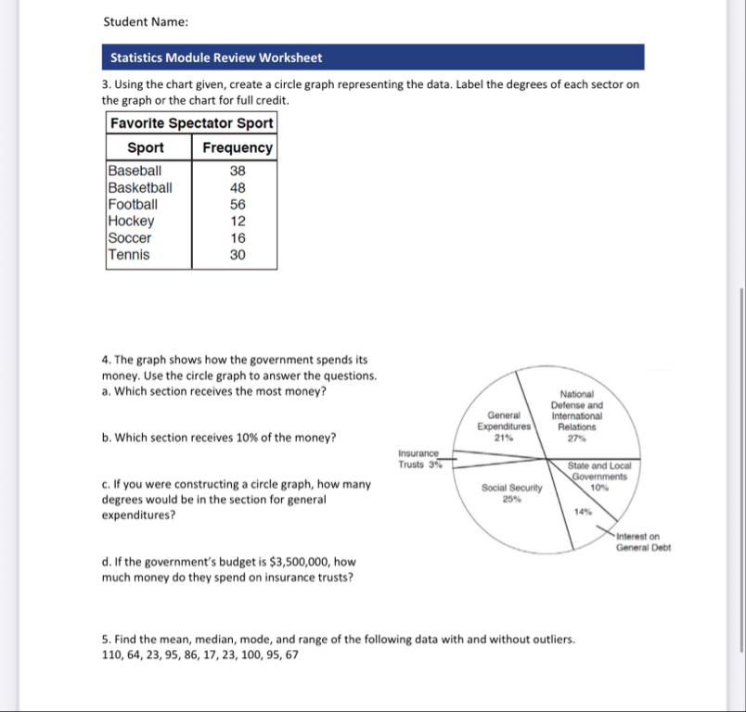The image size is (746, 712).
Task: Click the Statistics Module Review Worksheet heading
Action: click(216, 57)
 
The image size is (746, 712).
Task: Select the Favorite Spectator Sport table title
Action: click(191, 123)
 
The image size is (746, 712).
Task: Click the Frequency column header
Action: click(238, 147)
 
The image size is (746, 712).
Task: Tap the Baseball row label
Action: click(135, 171)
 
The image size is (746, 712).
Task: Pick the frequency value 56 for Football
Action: click(238, 204)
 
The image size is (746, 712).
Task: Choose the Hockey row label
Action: click(131, 221)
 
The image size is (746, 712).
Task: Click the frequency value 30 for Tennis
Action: click(238, 255)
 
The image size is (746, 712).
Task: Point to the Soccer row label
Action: click(130, 238)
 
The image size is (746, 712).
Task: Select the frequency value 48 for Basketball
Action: click(238, 187)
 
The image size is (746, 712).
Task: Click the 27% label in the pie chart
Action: click(576, 437)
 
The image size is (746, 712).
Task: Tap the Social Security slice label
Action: click(510, 486)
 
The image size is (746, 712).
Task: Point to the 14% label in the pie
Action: click(583, 512)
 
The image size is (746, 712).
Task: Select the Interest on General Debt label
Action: click(643, 541)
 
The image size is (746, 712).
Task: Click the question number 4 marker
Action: click(106, 359)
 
